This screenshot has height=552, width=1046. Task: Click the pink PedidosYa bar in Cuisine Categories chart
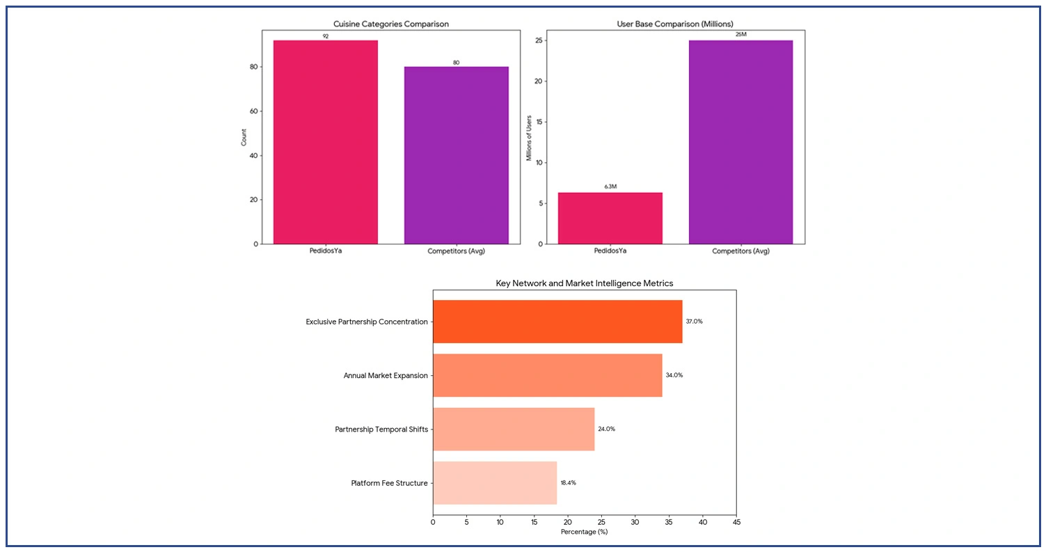click(325, 142)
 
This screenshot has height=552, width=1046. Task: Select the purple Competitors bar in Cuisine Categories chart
click(456, 155)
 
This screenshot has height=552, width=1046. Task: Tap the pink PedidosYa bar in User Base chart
click(610, 218)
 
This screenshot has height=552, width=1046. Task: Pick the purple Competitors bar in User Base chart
click(740, 142)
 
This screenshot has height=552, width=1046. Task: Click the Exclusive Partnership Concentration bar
click(557, 322)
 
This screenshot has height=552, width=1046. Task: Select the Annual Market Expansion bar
click(547, 375)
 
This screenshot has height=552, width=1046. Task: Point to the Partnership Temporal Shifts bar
click(514, 429)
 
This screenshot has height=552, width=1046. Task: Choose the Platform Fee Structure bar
click(495, 482)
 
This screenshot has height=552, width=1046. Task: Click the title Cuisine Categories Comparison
click(390, 24)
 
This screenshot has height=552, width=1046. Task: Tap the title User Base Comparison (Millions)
click(675, 24)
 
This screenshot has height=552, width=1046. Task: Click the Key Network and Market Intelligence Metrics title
click(584, 283)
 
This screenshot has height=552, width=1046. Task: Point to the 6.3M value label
click(610, 187)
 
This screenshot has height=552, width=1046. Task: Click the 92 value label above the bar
click(325, 36)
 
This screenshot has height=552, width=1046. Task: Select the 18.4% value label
click(568, 482)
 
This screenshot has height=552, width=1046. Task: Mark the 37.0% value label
click(694, 322)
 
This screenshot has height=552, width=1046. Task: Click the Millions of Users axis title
click(529, 137)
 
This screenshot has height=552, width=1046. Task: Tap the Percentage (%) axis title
click(584, 532)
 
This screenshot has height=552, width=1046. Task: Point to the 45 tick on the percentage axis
click(736, 521)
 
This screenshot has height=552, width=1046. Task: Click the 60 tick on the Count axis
click(254, 111)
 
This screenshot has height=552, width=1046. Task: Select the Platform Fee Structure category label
click(389, 483)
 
